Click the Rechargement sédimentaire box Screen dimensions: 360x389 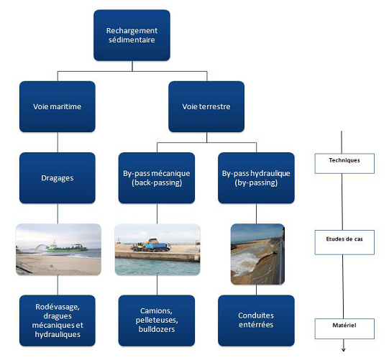click(x=132, y=35)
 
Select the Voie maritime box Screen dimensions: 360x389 click(x=57, y=106)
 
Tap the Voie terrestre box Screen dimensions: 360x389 click(x=206, y=106)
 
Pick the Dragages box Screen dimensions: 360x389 click(x=57, y=177)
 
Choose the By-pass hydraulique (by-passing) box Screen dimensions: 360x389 click(x=257, y=177)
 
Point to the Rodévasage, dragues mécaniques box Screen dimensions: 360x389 click(x=57, y=320)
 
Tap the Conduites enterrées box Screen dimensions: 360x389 click(x=257, y=320)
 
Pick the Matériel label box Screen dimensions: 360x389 click(x=346, y=326)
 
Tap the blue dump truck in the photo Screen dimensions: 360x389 click(x=154, y=245)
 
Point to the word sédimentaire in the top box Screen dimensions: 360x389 click(x=132, y=40)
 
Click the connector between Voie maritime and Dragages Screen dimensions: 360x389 click(x=57, y=142)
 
